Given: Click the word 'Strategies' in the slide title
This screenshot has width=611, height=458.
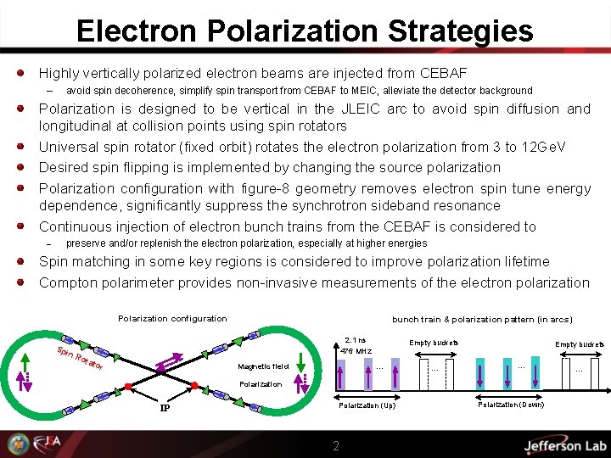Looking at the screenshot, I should pyautogui.click(x=461, y=31).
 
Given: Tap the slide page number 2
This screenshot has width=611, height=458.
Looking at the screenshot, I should pyautogui.click(x=336, y=445).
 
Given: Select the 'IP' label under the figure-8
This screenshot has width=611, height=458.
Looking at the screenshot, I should pyautogui.click(x=167, y=408).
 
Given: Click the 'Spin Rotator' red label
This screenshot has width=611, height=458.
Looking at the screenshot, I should pyautogui.click(x=80, y=360).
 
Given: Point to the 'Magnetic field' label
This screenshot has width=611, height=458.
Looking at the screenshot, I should pyautogui.click(x=264, y=366).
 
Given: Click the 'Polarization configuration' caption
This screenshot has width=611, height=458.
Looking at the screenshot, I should pyautogui.click(x=172, y=319).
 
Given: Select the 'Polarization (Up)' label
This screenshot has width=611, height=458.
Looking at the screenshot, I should pyautogui.click(x=367, y=406).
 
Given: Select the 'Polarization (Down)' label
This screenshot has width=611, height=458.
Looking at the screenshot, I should pyautogui.click(x=512, y=405).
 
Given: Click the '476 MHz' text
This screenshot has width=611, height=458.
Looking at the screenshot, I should pyautogui.click(x=356, y=351).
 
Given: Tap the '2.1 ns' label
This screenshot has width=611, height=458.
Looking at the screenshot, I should pyautogui.click(x=356, y=339).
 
